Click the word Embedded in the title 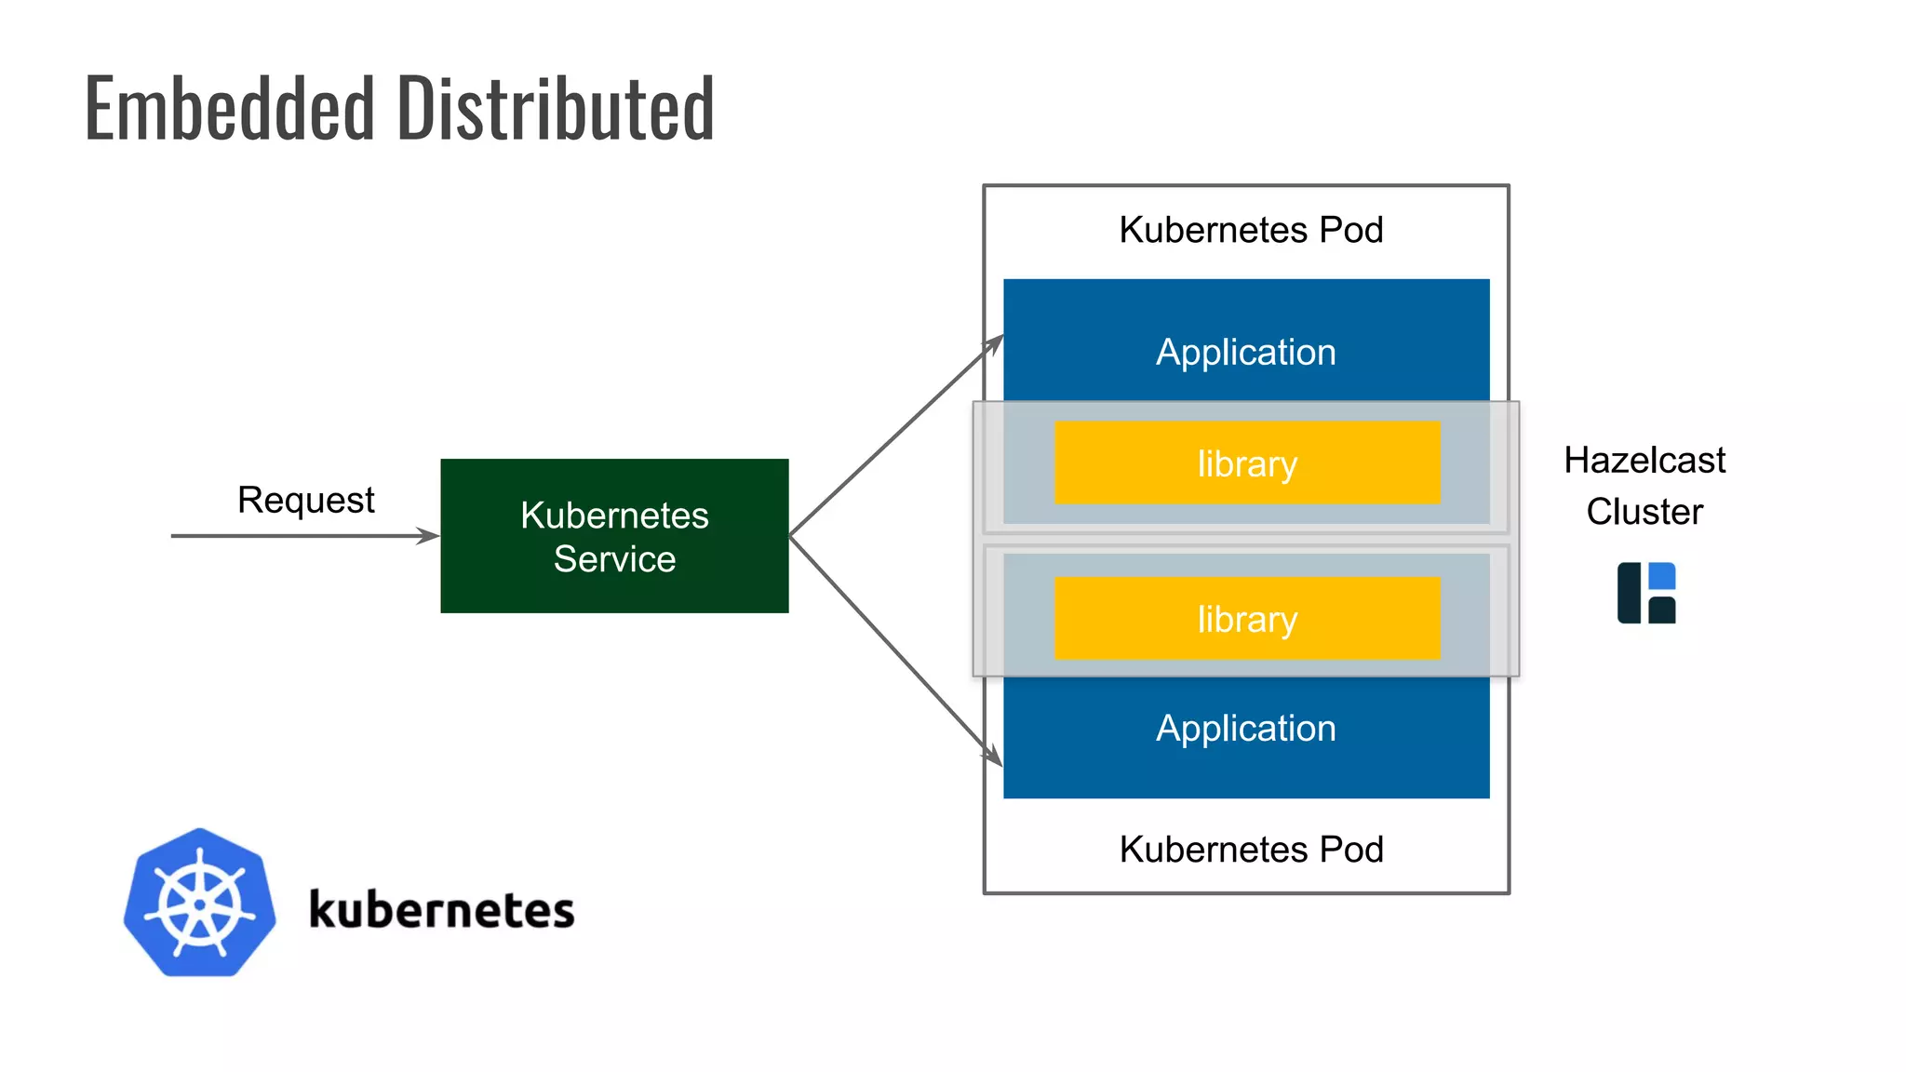229,110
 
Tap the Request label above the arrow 305,501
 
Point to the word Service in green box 614,559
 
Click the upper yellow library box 1247,463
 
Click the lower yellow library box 1247,619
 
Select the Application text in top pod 1245,353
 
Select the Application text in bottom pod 1245,729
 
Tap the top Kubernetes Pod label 1251,230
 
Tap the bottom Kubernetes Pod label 1251,850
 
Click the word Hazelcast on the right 1644,461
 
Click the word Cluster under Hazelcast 1644,512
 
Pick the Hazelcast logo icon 1645,593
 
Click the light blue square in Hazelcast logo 1661,576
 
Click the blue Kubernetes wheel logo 200,903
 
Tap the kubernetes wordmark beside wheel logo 441,910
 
